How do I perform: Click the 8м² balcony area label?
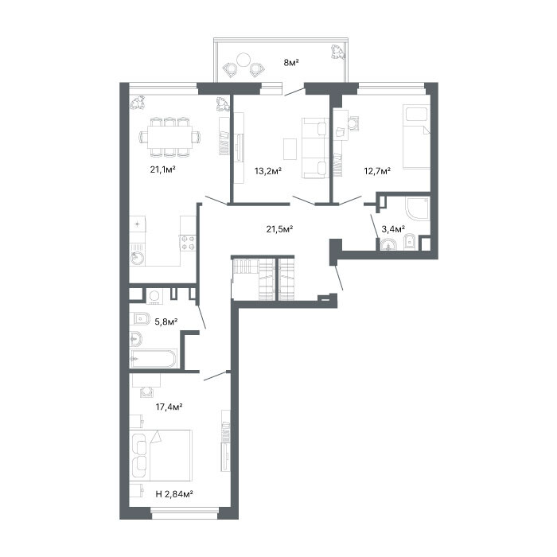click(291, 63)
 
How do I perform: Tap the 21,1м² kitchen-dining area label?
click(163, 169)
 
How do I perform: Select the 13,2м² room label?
click(268, 171)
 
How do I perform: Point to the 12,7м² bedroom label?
click(377, 171)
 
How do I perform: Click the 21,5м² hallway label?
click(279, 229)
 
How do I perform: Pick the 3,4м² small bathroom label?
click(393, 229)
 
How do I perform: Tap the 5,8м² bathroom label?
click(166, 321)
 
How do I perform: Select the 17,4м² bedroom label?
click(169, 407)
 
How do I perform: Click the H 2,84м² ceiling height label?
click(174, 494)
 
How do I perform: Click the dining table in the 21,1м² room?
click(170, 137)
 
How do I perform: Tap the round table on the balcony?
click(243, 60)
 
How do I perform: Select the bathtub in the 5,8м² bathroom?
click(154, 359)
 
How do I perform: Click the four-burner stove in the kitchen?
click(189, 243)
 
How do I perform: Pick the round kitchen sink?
click(137, 259)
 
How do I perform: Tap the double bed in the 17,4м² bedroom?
click(161, 455)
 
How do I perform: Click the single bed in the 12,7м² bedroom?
click(417, 137)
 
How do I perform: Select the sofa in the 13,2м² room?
click(315, 148)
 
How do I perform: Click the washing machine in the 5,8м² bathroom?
click(154, 296)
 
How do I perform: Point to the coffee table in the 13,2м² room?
click(290, 149)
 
